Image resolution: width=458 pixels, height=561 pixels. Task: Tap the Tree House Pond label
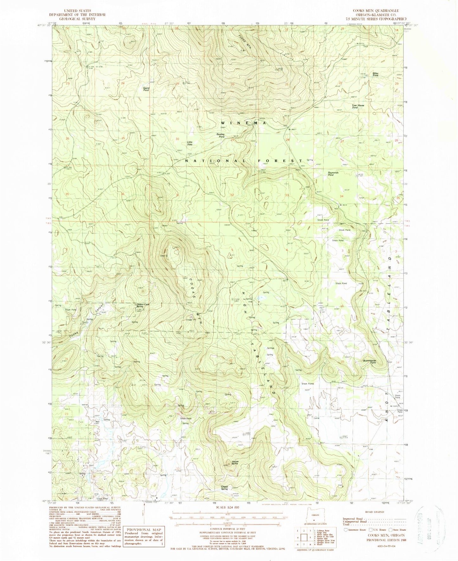click(358, 107)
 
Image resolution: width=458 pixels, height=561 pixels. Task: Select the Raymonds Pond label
click(333, 174)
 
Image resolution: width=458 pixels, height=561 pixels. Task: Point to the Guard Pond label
click(146, 89)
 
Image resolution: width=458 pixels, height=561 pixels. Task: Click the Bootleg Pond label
click(221, 135)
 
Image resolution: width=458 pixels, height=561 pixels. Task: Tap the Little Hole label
click(190, 143)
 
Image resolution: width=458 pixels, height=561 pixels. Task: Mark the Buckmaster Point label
click(369, 362)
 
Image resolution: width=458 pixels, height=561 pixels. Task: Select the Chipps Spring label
click(225, 488)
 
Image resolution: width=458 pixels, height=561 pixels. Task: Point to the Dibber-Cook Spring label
click(143, 305)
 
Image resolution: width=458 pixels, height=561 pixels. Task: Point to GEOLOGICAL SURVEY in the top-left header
click(77, 19)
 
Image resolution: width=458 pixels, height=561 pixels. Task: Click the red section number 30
click(177, 139)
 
